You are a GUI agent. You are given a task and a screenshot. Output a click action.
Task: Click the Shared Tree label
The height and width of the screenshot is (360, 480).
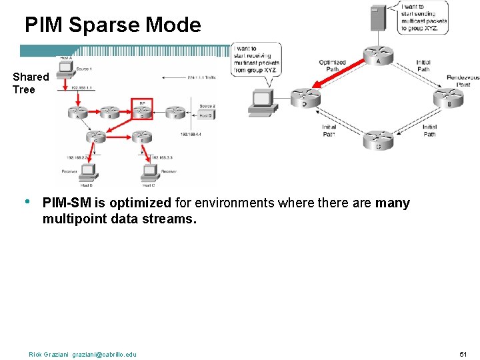pos(30,83)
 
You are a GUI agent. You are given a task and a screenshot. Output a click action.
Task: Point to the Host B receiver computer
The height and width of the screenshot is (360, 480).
pos(88,173)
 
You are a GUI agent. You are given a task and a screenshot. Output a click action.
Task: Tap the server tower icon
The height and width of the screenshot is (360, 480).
pos(378,17)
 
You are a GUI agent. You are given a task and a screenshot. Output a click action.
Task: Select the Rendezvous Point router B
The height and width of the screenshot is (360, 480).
pos(447,99)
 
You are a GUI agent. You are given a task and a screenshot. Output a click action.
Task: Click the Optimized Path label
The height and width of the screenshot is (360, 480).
pos(332,66)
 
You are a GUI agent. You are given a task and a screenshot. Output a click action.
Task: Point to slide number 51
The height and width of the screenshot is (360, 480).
pos(464,353)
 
